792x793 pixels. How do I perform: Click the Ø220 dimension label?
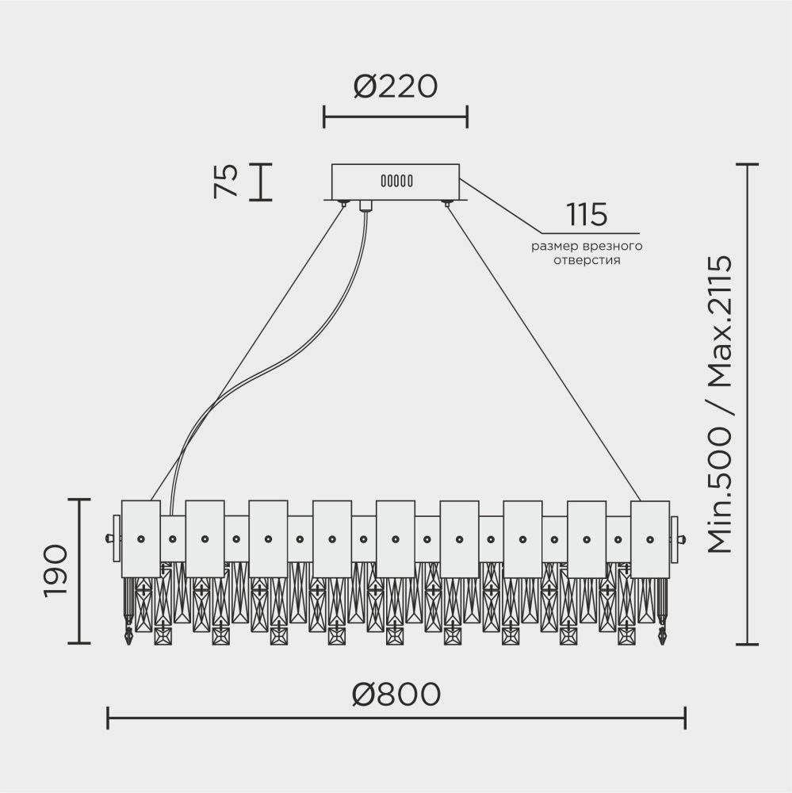(396, 86)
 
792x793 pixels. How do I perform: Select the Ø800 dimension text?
(396, 694)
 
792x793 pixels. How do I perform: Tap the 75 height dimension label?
(226, 182)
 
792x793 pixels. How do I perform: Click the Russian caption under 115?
(587, 253)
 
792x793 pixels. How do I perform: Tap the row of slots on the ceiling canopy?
(396, 181)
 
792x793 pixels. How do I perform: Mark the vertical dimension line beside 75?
(261, 182)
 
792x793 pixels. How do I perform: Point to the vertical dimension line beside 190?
(79, 571)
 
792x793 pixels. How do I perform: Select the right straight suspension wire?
(547, 349)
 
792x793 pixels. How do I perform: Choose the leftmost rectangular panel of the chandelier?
(140, 538)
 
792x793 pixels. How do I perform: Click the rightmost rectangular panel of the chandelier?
(650, 538)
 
